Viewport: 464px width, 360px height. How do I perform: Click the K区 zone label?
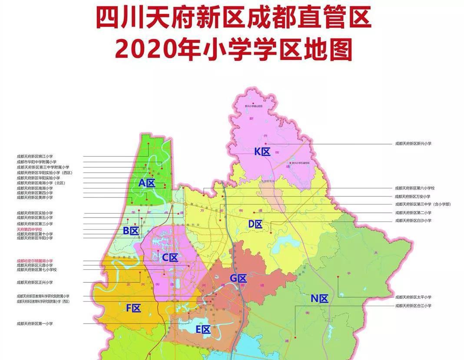tap(262, 152)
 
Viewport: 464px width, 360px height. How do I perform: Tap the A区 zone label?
tap(147, 183)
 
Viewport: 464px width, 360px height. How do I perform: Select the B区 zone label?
tap(131, 231)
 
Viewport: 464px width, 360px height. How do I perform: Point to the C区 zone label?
tap(170, 258)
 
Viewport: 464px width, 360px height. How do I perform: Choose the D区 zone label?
tap(255, 224)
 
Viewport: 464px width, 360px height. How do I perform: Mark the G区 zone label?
tap(238, 278)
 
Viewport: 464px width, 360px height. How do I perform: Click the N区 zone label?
tap(319, 298)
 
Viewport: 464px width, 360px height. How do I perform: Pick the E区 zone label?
tap(203, 330)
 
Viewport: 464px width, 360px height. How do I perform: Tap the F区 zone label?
tap(133, 308)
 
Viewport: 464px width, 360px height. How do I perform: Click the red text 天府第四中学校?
tap(30, 229)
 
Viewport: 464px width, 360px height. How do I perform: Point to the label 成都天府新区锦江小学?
tap(34, 156)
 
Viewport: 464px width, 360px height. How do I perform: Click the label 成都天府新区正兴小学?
tap(34, 282)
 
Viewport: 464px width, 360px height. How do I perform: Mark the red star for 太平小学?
tap(338, 277)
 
